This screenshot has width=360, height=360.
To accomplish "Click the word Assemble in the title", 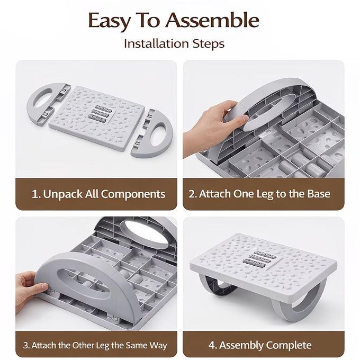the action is pos(212,21).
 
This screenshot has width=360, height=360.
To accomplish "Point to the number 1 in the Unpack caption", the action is pos(35,194).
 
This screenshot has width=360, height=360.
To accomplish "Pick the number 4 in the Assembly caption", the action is pos(212,345).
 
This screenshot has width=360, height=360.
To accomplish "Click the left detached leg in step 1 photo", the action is pos(48,104).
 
